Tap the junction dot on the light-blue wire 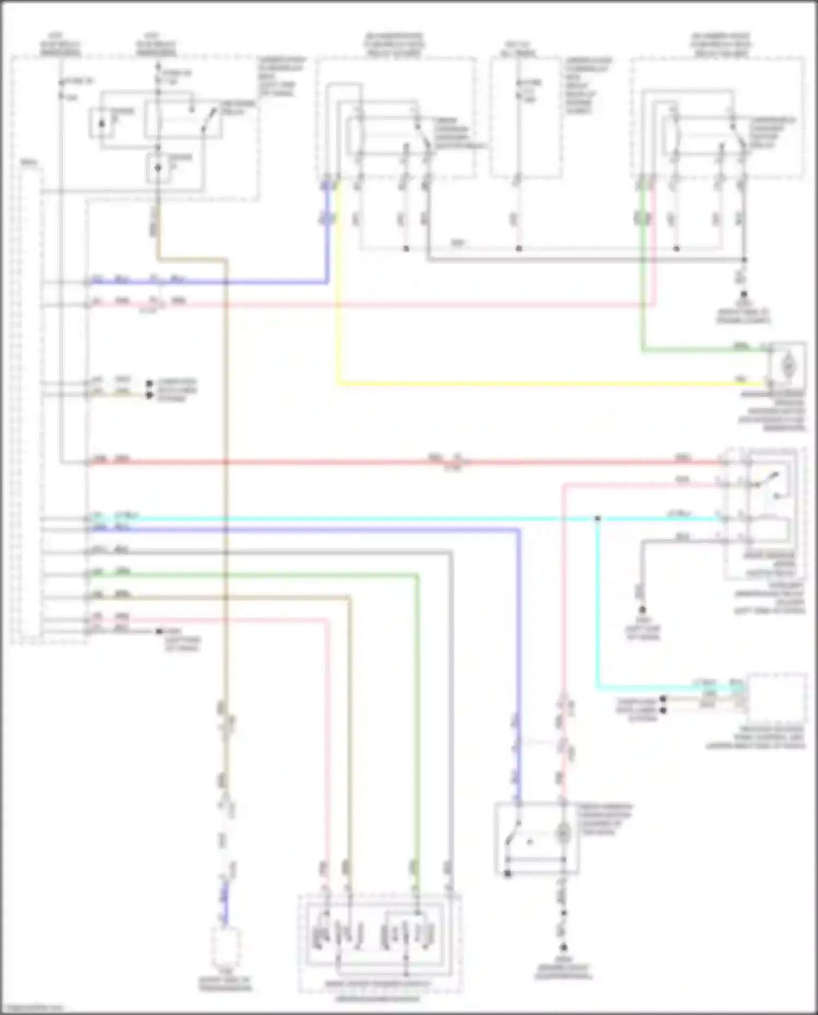[597, 518]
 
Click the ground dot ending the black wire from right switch [642, 610]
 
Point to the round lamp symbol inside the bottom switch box [563, 833]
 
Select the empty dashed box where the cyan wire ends [777, 699]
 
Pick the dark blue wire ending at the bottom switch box [517, 654]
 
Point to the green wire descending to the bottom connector [418, 709]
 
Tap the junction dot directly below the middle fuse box [519, 249]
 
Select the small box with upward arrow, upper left [102, 123]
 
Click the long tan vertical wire [225, 491]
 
